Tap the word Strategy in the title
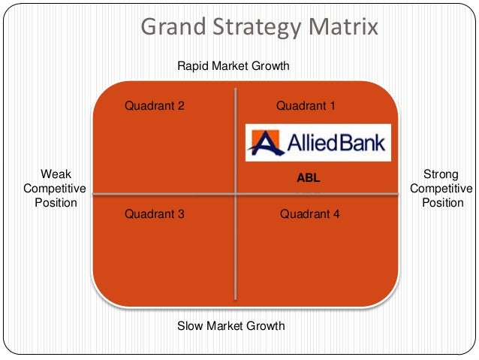pos(252,29)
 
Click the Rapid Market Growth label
pos(233,66)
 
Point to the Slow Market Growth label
pos(231,326)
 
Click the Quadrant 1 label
pos(306,106)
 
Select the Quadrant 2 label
pos(155,106)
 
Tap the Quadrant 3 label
pos(155,214)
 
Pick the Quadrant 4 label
pos(310,214)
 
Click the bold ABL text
pos(309,179)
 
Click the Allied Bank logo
pos(318,143)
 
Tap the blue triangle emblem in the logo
pos(264,143)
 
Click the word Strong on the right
pos(441,174)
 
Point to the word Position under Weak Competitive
pos(56,203)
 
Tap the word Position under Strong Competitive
pos(443,203)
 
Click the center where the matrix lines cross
pos(236,194)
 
